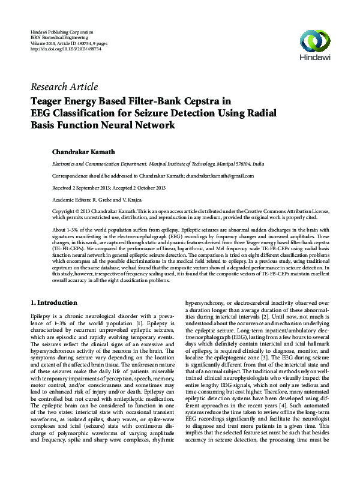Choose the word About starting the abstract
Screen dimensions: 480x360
pos(61,230)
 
